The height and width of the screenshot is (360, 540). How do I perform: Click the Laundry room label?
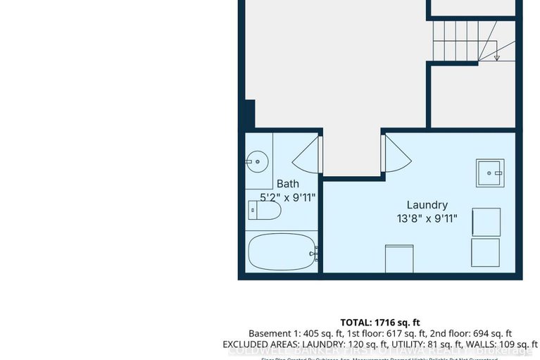pos(427,205)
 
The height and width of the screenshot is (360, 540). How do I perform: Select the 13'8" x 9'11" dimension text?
pos(427,218)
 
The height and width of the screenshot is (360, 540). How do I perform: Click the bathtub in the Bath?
pos(281,252)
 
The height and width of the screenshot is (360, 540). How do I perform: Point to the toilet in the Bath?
pos(265,211)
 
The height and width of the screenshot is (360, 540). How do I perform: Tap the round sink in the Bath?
pos(256,161)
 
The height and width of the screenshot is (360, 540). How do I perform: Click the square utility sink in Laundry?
pos(489,173)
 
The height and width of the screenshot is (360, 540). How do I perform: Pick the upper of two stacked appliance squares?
pos(486,222)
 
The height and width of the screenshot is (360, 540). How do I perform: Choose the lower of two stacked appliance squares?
pos(486,252)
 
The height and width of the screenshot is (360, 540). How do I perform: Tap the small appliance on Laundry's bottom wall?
pos(399,258)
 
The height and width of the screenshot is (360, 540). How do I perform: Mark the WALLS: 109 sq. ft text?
pos(497,345)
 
